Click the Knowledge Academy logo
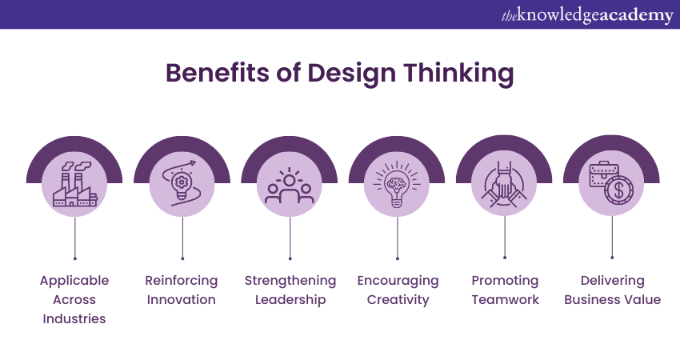pyautogui.click(x=587, y=15)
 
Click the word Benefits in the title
pyautogui.click(x=218, y=73)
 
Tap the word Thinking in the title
pyautogui.click(x=459, y=74)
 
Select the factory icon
pyautogui.click(x=75, y=184)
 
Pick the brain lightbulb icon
pyautogui.click(x=397, y=184)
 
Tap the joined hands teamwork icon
pyautogui.click(x=504, y=184)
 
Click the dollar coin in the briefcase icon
pyautogui.click(x=619, y=190)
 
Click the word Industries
pyautogui.click(x=74, y=318)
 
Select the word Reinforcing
pyautogui.click(x=182, y=281)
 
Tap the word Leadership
pyautogui.click(x=290, y=300)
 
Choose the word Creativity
pyautogui.click(x=398, y=300)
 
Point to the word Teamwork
pyautogui.click(x=506, y=300)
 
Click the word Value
pyautogui.click(x=643, y=300)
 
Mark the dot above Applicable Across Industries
pyautogui.click(x=75, y=258)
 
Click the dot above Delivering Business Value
pyautogui.click(x=612, y=258)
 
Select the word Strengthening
pyautogui.click(x=290, y=281)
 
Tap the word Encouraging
pyautogui.click(x=398, y=281)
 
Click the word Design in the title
pyautogui.click(x=351, y=74)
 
